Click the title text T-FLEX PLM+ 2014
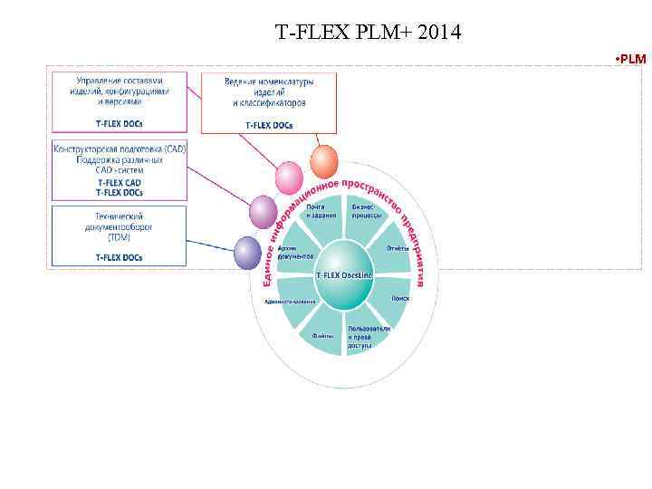click(369, 34)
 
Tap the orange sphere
click(323, 160)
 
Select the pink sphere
click(289, 177)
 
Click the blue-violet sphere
click(247, 252)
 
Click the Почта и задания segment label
click(315, 210)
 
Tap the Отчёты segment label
click(398, 248)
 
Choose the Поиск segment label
click(402, 298)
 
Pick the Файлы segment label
click(323, 336)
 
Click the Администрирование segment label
click(290, 302)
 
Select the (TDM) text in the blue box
click(119, 237)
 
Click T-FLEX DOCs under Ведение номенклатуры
click(269, 123)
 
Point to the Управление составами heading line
click(120, 81)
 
